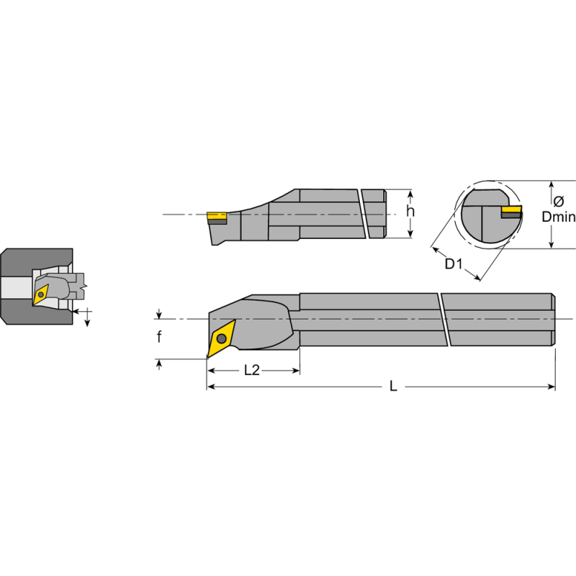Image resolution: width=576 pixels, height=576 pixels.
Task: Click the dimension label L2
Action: [x=251, y=370]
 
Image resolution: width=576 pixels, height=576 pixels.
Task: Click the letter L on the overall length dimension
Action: [x=393, y=387]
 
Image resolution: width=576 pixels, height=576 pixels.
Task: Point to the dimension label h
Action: [x=410, y=212]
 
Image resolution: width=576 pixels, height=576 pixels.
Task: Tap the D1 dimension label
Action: [x=453, y=264]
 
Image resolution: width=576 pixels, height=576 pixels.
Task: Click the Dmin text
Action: [x=559, y=216]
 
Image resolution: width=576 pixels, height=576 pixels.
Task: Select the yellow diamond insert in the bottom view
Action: [x=220, y=338]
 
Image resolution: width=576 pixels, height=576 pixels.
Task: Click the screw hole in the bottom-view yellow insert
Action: [x=221, y=338]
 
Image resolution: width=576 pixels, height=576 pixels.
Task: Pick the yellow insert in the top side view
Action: [x=216, y=215]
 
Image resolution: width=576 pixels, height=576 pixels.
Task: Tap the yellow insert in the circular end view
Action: [x=511, y=210]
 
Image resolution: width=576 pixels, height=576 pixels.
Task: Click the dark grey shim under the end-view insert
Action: [x=511, y=215]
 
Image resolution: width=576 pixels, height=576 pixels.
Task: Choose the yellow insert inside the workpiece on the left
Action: [x=41, y=293]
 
